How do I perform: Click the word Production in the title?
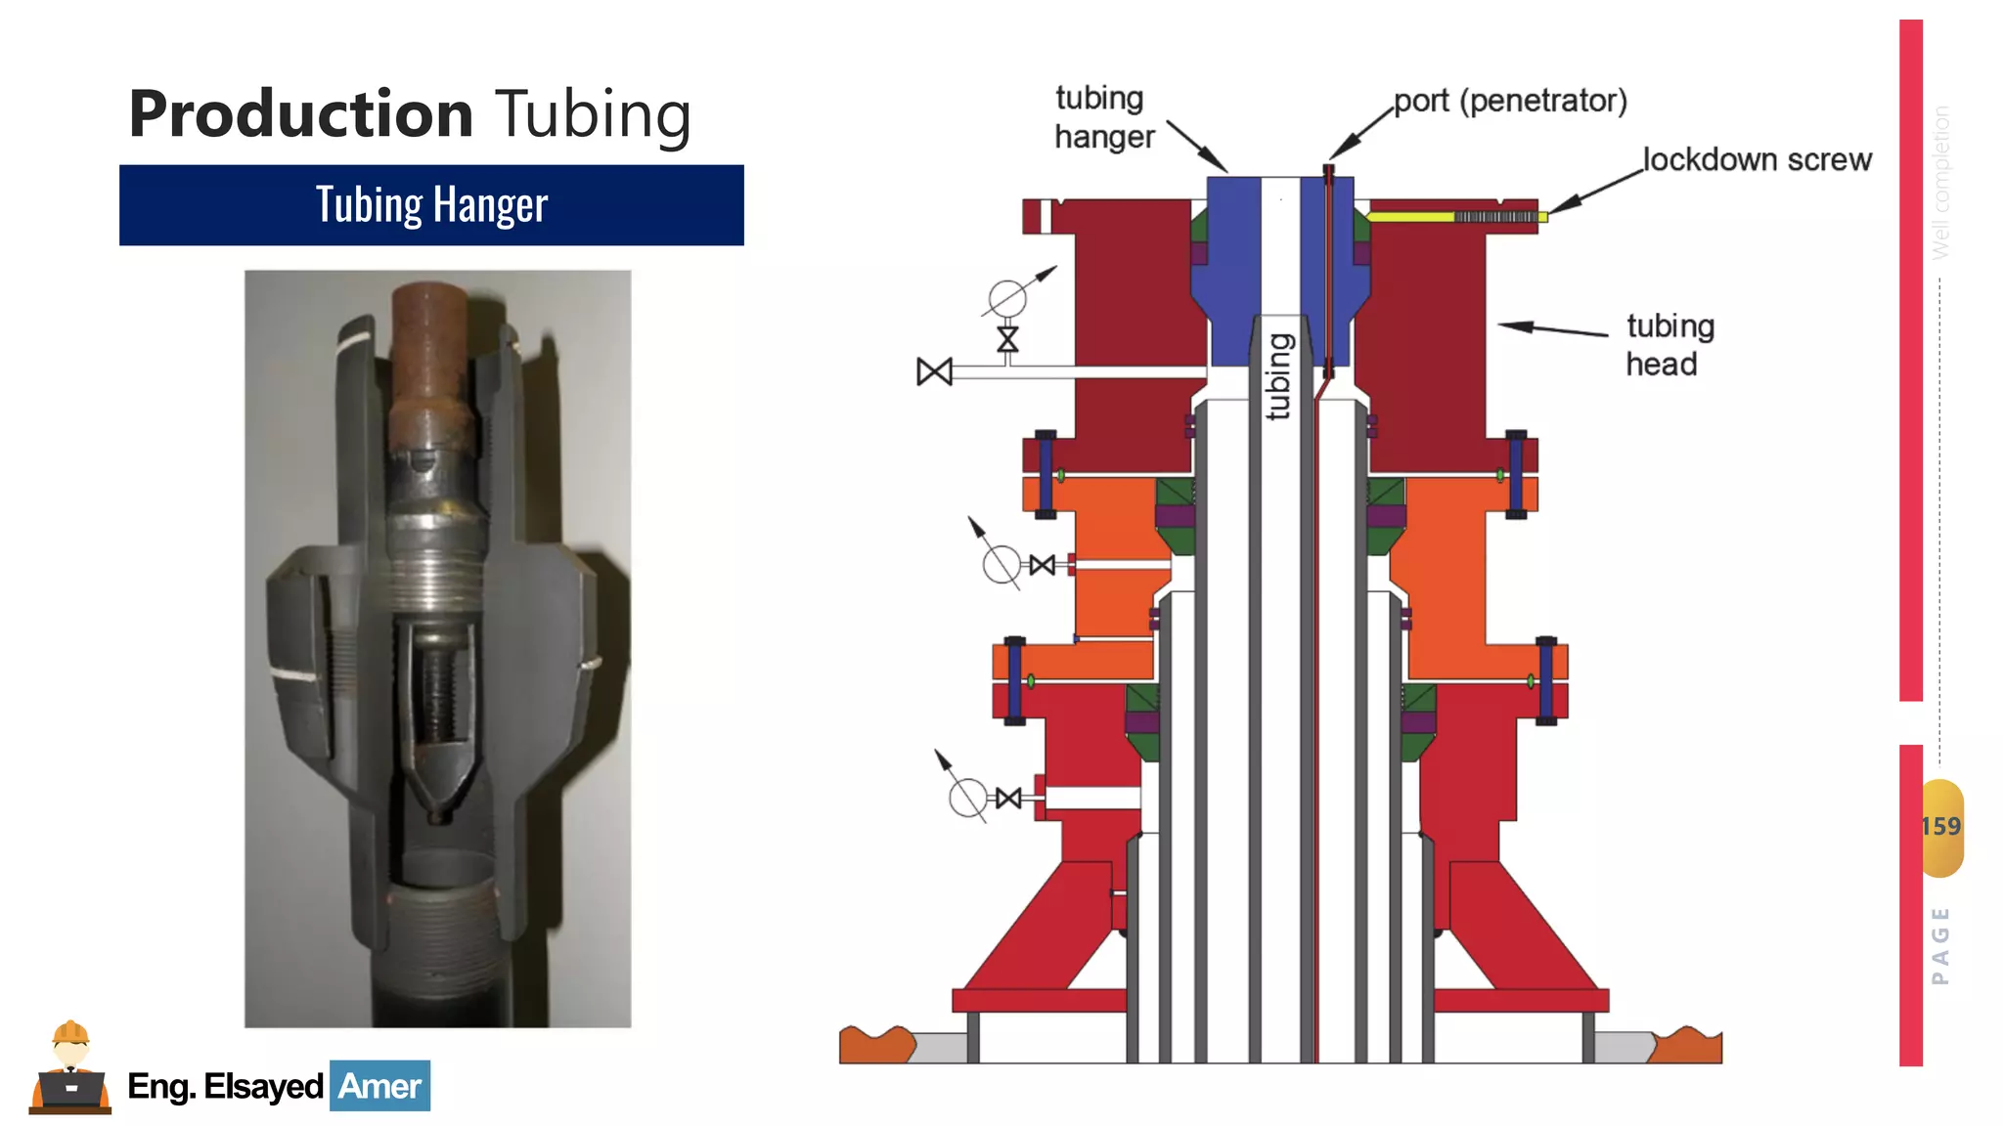click(301, 114)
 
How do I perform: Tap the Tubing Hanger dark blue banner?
click(431, 205)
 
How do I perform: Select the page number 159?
click(1941, 827)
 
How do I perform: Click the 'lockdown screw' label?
click(1757, 159)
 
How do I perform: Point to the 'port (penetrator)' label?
click(1510, 101)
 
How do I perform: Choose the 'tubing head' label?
click(1669, 345)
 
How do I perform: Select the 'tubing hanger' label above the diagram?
click(1104, 117)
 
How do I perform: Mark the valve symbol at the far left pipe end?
click(934, 371)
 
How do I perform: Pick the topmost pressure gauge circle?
click(1007, 298)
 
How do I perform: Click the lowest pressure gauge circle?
click(968, 798)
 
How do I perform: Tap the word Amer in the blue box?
click(379, 1086)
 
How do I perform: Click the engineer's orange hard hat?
click(70, 1032)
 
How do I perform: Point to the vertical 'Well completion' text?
click(1940, 182)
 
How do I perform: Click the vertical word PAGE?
click(1940, 945)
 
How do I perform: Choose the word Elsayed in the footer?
click(263, 1086)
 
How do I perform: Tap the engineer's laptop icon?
click(70, 1089)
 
